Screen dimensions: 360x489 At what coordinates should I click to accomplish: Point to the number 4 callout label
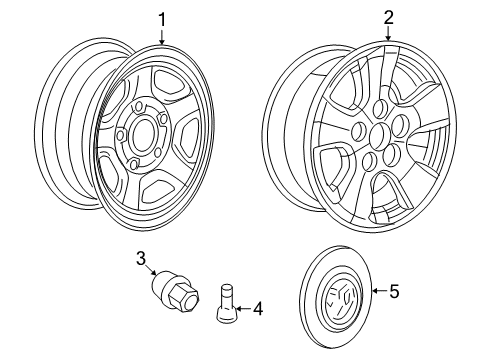pyautogui.click(x=258, y=310)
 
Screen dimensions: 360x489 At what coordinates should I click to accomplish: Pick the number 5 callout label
pyautogui.click(x=393, y=292)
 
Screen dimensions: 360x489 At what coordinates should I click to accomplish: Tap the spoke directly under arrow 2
pyautogui.click(x=379, y=75)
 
